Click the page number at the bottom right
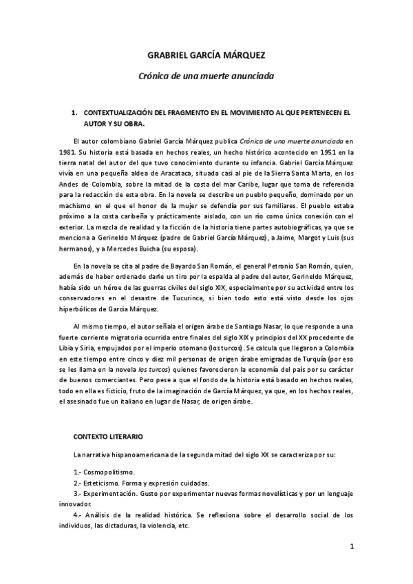click(352, 547)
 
